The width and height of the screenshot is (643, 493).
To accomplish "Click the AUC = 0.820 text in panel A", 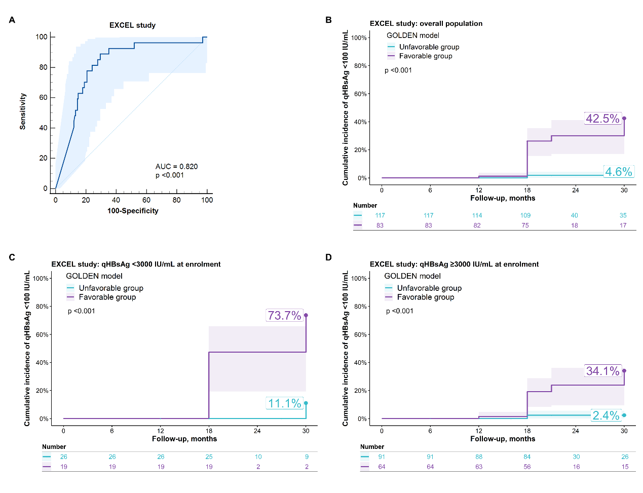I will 176,166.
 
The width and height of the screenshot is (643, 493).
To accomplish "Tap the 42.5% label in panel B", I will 602,119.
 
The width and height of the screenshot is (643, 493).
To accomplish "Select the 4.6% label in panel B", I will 619,172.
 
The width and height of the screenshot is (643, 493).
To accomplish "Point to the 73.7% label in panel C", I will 284,316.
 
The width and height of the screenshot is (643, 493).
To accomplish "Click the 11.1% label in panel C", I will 285,403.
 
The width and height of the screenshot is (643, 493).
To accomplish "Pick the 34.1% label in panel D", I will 602,371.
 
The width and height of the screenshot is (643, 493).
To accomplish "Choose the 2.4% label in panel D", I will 606,415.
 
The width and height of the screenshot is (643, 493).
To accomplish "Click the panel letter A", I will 12,20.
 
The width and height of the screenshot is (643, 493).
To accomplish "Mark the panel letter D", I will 328,257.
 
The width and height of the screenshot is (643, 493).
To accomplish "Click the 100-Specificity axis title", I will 133,211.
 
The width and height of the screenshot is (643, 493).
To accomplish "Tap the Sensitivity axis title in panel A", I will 22,111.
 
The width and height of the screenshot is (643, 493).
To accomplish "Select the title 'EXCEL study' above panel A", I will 133,25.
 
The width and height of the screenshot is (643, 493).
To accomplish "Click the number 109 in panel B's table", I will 525,215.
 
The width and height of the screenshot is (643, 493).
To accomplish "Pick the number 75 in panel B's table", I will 525,225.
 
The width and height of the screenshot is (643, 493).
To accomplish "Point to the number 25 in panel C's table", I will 209,457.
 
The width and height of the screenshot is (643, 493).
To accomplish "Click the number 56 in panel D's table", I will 527,467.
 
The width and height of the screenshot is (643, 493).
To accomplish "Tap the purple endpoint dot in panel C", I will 306,315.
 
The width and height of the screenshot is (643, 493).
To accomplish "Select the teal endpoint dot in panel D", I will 624,415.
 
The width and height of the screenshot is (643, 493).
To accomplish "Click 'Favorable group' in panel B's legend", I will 426,56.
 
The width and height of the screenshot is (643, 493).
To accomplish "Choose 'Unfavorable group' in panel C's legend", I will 111,288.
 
